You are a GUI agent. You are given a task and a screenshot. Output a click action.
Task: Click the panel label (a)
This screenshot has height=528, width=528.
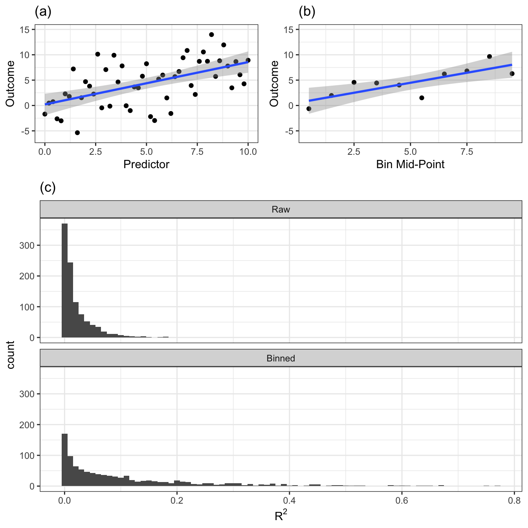43,12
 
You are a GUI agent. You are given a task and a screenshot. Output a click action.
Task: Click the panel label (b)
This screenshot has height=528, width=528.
307,12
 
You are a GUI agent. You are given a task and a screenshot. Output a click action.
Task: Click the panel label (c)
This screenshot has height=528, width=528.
48,188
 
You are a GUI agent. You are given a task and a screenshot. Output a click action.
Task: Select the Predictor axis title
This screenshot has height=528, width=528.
146,164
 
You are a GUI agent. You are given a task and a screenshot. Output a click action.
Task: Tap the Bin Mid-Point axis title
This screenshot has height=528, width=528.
410,164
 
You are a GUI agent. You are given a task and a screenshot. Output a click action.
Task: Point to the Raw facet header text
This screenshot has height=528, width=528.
280,209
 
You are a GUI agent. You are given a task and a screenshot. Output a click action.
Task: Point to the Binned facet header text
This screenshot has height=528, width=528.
280,358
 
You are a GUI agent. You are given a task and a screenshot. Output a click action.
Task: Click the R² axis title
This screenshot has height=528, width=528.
280,515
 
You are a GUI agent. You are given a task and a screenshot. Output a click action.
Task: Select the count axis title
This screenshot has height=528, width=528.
11,355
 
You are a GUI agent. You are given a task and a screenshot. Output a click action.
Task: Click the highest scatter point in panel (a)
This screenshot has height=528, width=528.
211,35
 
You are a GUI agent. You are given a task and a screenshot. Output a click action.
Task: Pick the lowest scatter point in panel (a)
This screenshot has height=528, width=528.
77,133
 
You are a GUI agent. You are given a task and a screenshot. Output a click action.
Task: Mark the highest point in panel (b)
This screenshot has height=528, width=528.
489,57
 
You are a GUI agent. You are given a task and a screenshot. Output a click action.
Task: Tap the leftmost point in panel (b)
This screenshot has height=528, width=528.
309,109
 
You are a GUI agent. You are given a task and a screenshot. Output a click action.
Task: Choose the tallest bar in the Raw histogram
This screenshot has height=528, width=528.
65,280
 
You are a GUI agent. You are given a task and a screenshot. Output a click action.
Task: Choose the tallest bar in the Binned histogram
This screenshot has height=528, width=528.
65,460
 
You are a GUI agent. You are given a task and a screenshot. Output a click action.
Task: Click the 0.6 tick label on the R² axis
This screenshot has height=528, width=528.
401,501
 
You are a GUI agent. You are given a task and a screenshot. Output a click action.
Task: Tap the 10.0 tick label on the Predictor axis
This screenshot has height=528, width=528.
248,152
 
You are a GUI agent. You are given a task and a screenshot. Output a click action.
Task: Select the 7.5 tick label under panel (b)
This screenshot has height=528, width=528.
467,152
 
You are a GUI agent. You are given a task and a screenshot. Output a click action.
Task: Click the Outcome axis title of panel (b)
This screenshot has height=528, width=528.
274,83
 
